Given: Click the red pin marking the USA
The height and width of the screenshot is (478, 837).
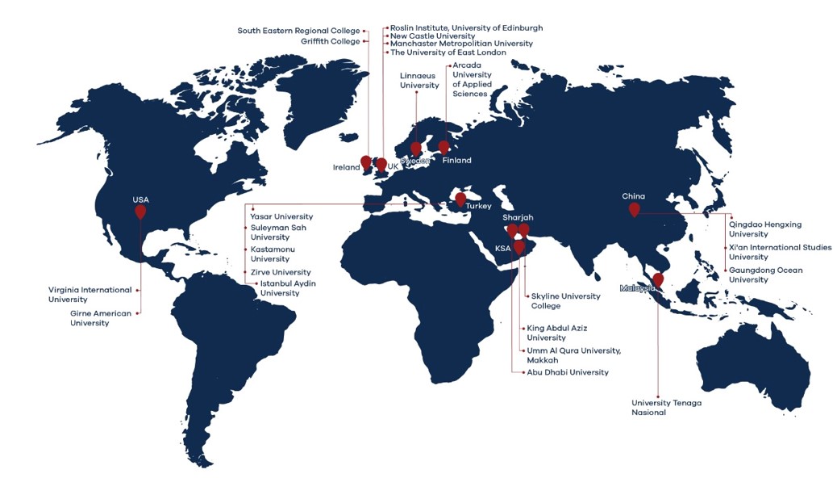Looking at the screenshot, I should [x=140, y=212].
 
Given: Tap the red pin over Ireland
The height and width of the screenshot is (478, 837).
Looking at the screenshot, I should [x=366, y=162].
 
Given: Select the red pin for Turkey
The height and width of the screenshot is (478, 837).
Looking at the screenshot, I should [x=460, y=199].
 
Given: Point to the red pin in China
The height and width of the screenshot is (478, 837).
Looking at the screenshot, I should [x=634, y=209].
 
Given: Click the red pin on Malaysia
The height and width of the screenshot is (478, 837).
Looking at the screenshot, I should [x=658, y=279].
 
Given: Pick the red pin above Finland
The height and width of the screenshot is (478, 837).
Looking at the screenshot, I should [x=443, y=147].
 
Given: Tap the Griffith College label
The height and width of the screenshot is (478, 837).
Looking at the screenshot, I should [x=331, y=41].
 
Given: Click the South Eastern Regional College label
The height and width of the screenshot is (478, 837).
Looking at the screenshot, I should [x=298, y=31].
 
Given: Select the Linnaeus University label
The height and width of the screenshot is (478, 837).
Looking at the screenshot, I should [x=419, y=81].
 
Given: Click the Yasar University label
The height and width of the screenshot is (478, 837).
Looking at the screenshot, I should [x=281, y=216].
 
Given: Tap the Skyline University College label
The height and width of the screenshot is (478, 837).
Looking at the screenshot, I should [x=565, y=301].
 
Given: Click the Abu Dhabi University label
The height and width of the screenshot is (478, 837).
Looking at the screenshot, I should [x=567, y=372].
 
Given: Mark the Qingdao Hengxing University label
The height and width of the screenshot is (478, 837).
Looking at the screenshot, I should [x=760, y=229].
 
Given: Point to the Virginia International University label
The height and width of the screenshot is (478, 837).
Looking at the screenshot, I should [x=90, y=294].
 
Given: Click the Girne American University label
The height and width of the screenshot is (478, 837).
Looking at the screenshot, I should [x=100, y=318].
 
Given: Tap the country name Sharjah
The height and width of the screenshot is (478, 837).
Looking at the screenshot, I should [x=518, y=218].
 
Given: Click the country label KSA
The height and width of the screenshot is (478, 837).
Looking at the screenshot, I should [x=503, y=249].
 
